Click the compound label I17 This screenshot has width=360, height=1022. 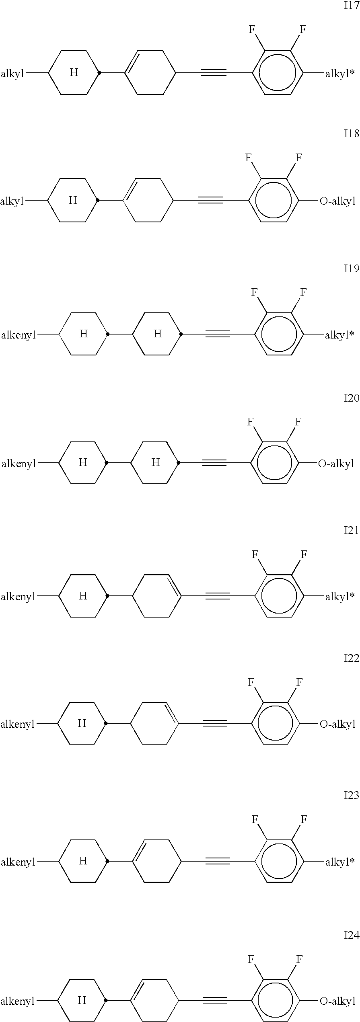pyautogui.click(x=351, y=6)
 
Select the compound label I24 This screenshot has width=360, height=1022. pyautogui.click(x=351, y=935)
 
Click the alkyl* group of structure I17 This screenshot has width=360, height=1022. pyautogui.click(x=340, y=74)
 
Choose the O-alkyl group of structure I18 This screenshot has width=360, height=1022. pyautogui.click(x=337, y=201)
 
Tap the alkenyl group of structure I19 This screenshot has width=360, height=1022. pyautogui.click(x=19, y=335)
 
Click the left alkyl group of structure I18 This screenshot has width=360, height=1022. pyautogui.click(x=12, y=201)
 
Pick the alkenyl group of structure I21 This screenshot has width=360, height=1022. pyautogui.click(x=18, y=597)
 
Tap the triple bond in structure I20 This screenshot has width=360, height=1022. pyautogui.click(x=214, y=463)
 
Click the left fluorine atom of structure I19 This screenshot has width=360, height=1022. pyautogui.click(x=254, y=292)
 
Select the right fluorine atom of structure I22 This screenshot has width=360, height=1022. pyautogui.click(x=299, y=682)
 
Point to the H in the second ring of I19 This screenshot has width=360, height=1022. pyautogui.click(x=157, y=334)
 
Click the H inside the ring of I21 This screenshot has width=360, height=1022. pyautogui.click(x=83, y=596)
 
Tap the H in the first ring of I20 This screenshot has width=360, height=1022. pyautogui.click(x=82, y=462)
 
